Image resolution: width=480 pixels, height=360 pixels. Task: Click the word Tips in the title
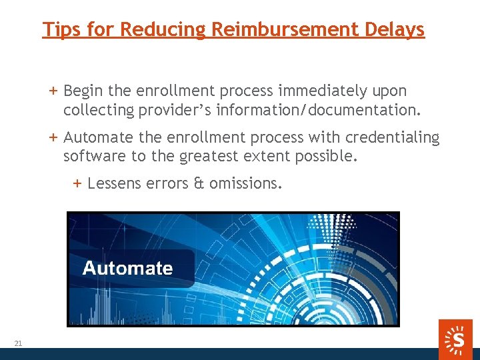[x=58, y=29]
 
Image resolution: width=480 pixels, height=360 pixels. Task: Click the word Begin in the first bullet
[x=83, y=91]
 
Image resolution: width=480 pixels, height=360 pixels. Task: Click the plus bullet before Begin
[x=53, y=91]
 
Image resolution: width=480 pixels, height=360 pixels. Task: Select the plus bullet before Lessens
[x=77, y=183]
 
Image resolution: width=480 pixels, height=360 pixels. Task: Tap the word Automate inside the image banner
[x=127, y=268]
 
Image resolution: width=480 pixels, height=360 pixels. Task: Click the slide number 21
[x=18, y=343]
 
